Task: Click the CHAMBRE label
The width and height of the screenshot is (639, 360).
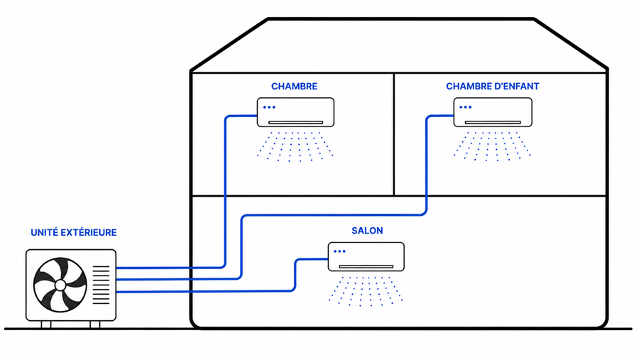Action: coord(294,87)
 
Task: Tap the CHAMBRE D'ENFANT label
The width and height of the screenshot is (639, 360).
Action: coord(492,87)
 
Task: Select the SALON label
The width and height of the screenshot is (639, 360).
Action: coord(367,231)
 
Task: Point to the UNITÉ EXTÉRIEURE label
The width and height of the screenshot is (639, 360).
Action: coord(74,232)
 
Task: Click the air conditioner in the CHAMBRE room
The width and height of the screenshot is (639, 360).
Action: coord(295,112)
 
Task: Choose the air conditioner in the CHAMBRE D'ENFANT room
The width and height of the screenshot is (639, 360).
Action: coord(493,112)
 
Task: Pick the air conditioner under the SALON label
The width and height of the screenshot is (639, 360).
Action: coord(366,257)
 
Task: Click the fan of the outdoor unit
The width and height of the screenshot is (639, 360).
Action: coord(60,285)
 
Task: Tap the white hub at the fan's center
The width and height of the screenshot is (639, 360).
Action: coord(60,285)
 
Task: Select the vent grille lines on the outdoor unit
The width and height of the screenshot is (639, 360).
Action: coord(101,285)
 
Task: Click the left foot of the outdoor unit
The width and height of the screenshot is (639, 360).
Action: coord(46,324)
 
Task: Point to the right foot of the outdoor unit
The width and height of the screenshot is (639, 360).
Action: coord(95,324)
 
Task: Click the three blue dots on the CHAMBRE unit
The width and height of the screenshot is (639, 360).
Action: coord(269,107)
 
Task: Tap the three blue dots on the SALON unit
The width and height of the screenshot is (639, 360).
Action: coord(339,251)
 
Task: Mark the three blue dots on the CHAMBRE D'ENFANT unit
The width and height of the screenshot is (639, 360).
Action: coord(465,107)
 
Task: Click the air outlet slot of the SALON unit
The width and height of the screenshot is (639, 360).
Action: coord(366,267)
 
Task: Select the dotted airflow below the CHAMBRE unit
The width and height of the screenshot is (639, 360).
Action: coord(295,146)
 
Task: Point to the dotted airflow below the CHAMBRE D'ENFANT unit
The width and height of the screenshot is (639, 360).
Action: coord(492,146)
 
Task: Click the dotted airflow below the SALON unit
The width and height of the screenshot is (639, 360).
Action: coord(366,291)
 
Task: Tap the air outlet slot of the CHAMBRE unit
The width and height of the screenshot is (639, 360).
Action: coord(295,122)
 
